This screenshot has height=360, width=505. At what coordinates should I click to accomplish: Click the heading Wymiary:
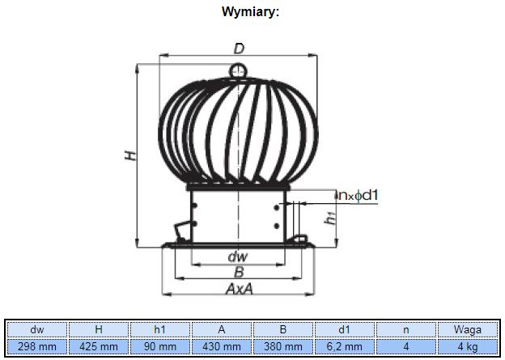(250, 12)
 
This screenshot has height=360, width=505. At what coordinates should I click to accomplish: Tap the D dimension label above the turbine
(239, 49)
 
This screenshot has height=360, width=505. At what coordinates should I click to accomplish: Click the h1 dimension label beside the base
(331, 218)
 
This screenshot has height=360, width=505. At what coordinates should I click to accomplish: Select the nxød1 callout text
(359, 195)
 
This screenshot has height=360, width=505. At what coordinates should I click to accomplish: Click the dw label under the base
(238, 256)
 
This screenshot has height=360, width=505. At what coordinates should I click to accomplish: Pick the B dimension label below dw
(239, 272)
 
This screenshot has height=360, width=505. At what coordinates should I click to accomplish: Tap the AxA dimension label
(239, 289)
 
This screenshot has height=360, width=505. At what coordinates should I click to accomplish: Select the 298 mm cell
(36, 347)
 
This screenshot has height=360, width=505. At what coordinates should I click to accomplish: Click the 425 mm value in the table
(99, 347)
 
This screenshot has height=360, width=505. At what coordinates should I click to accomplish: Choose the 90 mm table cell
(160, 347)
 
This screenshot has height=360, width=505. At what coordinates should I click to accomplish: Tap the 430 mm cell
(222, 347)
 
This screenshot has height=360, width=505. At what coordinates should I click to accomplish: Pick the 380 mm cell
(283, 347)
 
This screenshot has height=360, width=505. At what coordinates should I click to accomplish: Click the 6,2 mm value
(345, 347)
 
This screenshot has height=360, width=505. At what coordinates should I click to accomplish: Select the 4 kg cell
(468, 347)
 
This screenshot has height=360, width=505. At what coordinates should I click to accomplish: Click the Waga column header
(468, 329)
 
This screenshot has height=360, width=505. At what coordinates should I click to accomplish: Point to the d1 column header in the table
(344, 329)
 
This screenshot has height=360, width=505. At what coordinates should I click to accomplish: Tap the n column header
(406, 330)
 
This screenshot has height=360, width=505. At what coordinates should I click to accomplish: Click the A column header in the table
(222, 329)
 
